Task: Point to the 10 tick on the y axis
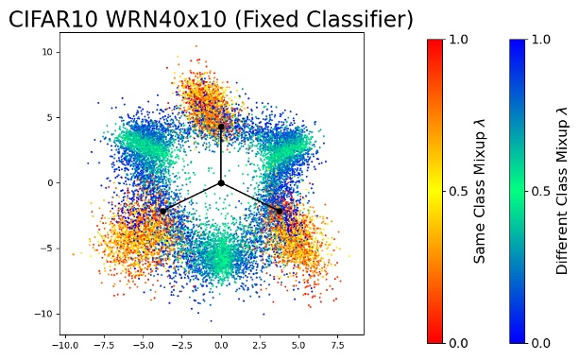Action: (46, 52)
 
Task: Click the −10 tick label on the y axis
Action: (43, 314)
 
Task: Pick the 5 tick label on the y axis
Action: (48, 117)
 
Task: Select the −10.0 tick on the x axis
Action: (64, 347)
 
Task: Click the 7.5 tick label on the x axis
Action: (338, 347)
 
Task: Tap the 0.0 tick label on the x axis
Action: (221, 347)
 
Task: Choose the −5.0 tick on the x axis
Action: (142, 347)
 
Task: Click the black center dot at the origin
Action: (221, 182)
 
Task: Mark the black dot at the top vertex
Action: (221, 127)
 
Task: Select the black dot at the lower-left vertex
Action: (163, 211)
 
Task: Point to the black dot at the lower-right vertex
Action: (280, 211)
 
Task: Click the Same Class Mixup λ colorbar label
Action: (480, 190)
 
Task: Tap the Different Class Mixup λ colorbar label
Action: (562, 190)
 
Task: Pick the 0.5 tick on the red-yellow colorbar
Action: (458, 191)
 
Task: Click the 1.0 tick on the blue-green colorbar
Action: (540, 40)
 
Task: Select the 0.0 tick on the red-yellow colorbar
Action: (458, 342)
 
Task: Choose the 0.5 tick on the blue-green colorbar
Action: (540, 191)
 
